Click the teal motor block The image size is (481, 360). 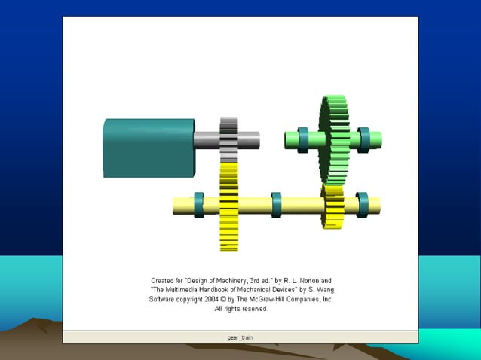pyautogui.click(x=149, y=147)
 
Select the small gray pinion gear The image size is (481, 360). pyautogui.click(x=228, y=139)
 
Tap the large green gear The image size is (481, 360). pyautogui.click(x=334, y=139)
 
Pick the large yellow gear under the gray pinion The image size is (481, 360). pyautogui.click(x=228, y=207)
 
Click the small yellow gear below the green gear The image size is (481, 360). pyautogui.click(x=333, y=205)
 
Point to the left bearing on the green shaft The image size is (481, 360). pyautogui.click(x=302, y=139)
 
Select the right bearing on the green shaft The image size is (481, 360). pyautogui.click(x=364, y=139)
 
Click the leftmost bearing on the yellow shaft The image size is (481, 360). pyautogui.click(x=199, y=205)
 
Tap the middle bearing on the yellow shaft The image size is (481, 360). pyautogui.click(x=277, y=205)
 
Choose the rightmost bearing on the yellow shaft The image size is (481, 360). pyautogui.click(x=362, y=205)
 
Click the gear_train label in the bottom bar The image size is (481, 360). pyautogui.click(x=240, y=337)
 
